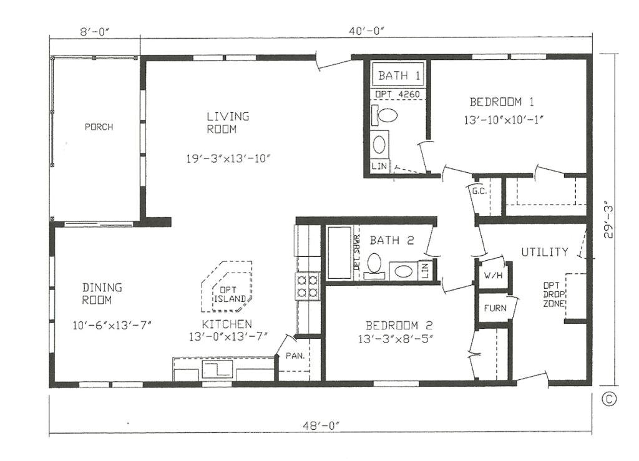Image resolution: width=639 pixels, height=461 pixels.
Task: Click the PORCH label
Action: click(x=99, y=127)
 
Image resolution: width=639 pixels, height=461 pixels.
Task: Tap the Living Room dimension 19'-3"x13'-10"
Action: click(x=227, y=158)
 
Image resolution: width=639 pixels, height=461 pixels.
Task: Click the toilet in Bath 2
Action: click(x=375, y=264)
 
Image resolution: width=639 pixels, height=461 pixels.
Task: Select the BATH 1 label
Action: click(x=399, y=77)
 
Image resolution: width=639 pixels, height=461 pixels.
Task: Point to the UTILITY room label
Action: click(x=545, y=252)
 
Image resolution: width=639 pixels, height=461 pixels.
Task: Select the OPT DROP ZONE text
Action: click(x=554, y=293)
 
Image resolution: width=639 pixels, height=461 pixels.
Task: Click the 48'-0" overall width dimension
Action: click(x=323, y=425)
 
